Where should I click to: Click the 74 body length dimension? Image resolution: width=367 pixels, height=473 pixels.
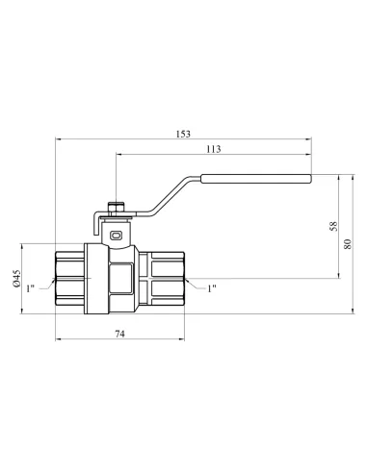click(120, 334)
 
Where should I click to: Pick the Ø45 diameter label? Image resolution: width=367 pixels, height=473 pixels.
click(18, 278)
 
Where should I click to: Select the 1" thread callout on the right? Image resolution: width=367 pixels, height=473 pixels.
click(212, 286)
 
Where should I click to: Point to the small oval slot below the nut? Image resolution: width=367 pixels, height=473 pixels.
click(117, 233)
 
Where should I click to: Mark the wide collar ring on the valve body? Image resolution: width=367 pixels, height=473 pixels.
click(94, 278)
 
